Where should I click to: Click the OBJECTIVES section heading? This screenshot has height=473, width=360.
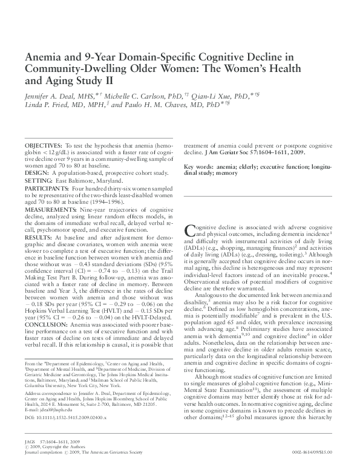[43, 147]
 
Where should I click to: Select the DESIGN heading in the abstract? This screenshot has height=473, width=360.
[36, 172]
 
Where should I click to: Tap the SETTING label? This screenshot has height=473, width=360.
[38, 181]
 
